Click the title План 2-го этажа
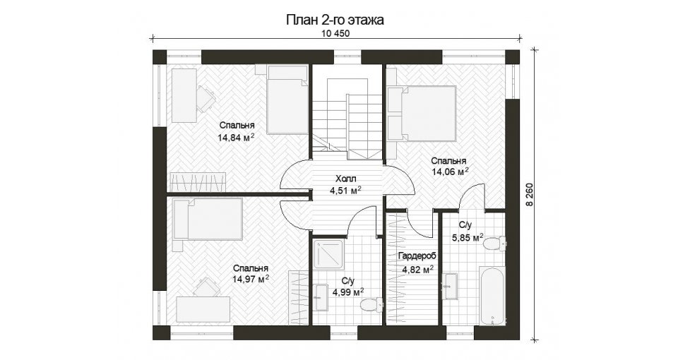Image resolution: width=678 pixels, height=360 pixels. tap(335, 20)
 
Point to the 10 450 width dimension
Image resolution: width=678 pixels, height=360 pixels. tap(335, 34)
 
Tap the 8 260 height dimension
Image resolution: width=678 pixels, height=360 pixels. tap(530, 195)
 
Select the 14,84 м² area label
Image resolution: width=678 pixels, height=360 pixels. tap(236, 138)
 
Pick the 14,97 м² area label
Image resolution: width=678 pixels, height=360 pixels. tap(251, 279)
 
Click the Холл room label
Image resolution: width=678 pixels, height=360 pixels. tap(346, 179)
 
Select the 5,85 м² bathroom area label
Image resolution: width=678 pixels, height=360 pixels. tap(468, 237)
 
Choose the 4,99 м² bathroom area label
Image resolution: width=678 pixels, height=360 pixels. tap(347, 292)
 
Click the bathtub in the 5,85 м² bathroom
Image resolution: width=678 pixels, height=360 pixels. tap(492, 296)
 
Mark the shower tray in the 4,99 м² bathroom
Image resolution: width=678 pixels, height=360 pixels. tap(330, 256)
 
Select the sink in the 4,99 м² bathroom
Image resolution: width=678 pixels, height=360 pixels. tap(321, 297)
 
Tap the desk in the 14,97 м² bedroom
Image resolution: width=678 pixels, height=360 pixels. tap(203, 308)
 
